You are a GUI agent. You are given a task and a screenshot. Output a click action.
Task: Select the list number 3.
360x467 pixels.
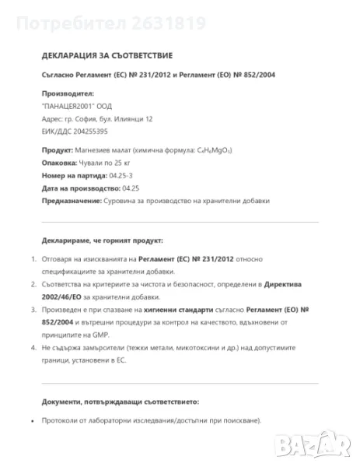click(32, 310)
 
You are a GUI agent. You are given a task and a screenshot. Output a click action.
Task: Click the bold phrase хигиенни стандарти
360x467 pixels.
click(165, 310)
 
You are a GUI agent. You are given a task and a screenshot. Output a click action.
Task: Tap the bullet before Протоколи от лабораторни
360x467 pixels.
click(32, 421)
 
